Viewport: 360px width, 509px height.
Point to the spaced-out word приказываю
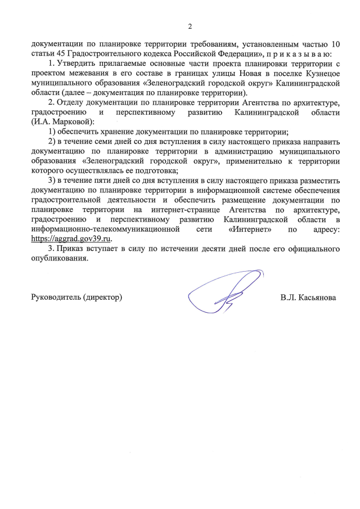tap(304, 54)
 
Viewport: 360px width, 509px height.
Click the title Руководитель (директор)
tap(76, 296)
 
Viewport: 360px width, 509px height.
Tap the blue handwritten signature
tap(225, 292)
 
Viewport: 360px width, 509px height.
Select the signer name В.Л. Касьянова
tap(308, 296)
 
